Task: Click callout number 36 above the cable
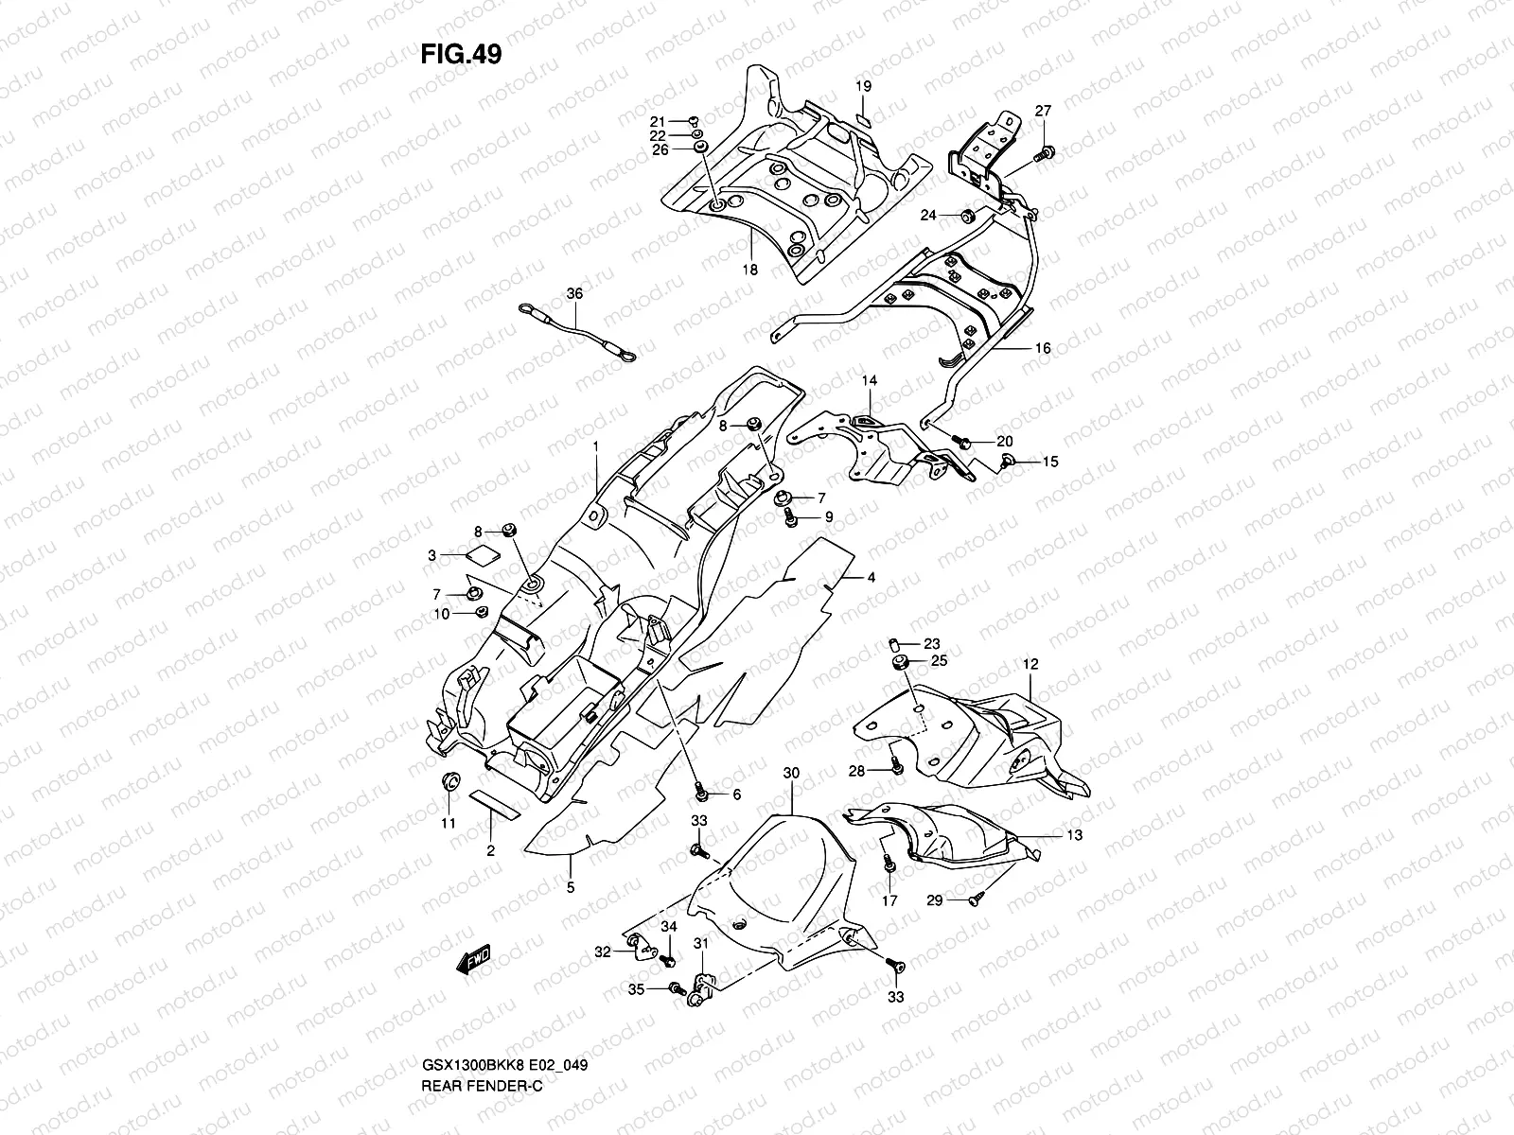pyautogui.click(x=574, y=294)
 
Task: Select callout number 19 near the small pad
pyautogui.click(x=863, y=87)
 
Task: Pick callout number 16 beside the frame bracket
pyautogui.click(x=1042, y=348)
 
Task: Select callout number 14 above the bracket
pyautogui.click(x=869, y=380)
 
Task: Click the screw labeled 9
pyautogui.click(x=791, y=516)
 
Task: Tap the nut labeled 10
pyautogui.click(x=479, y=613)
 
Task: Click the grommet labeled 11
pyautogui.click(x=451, y=781)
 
